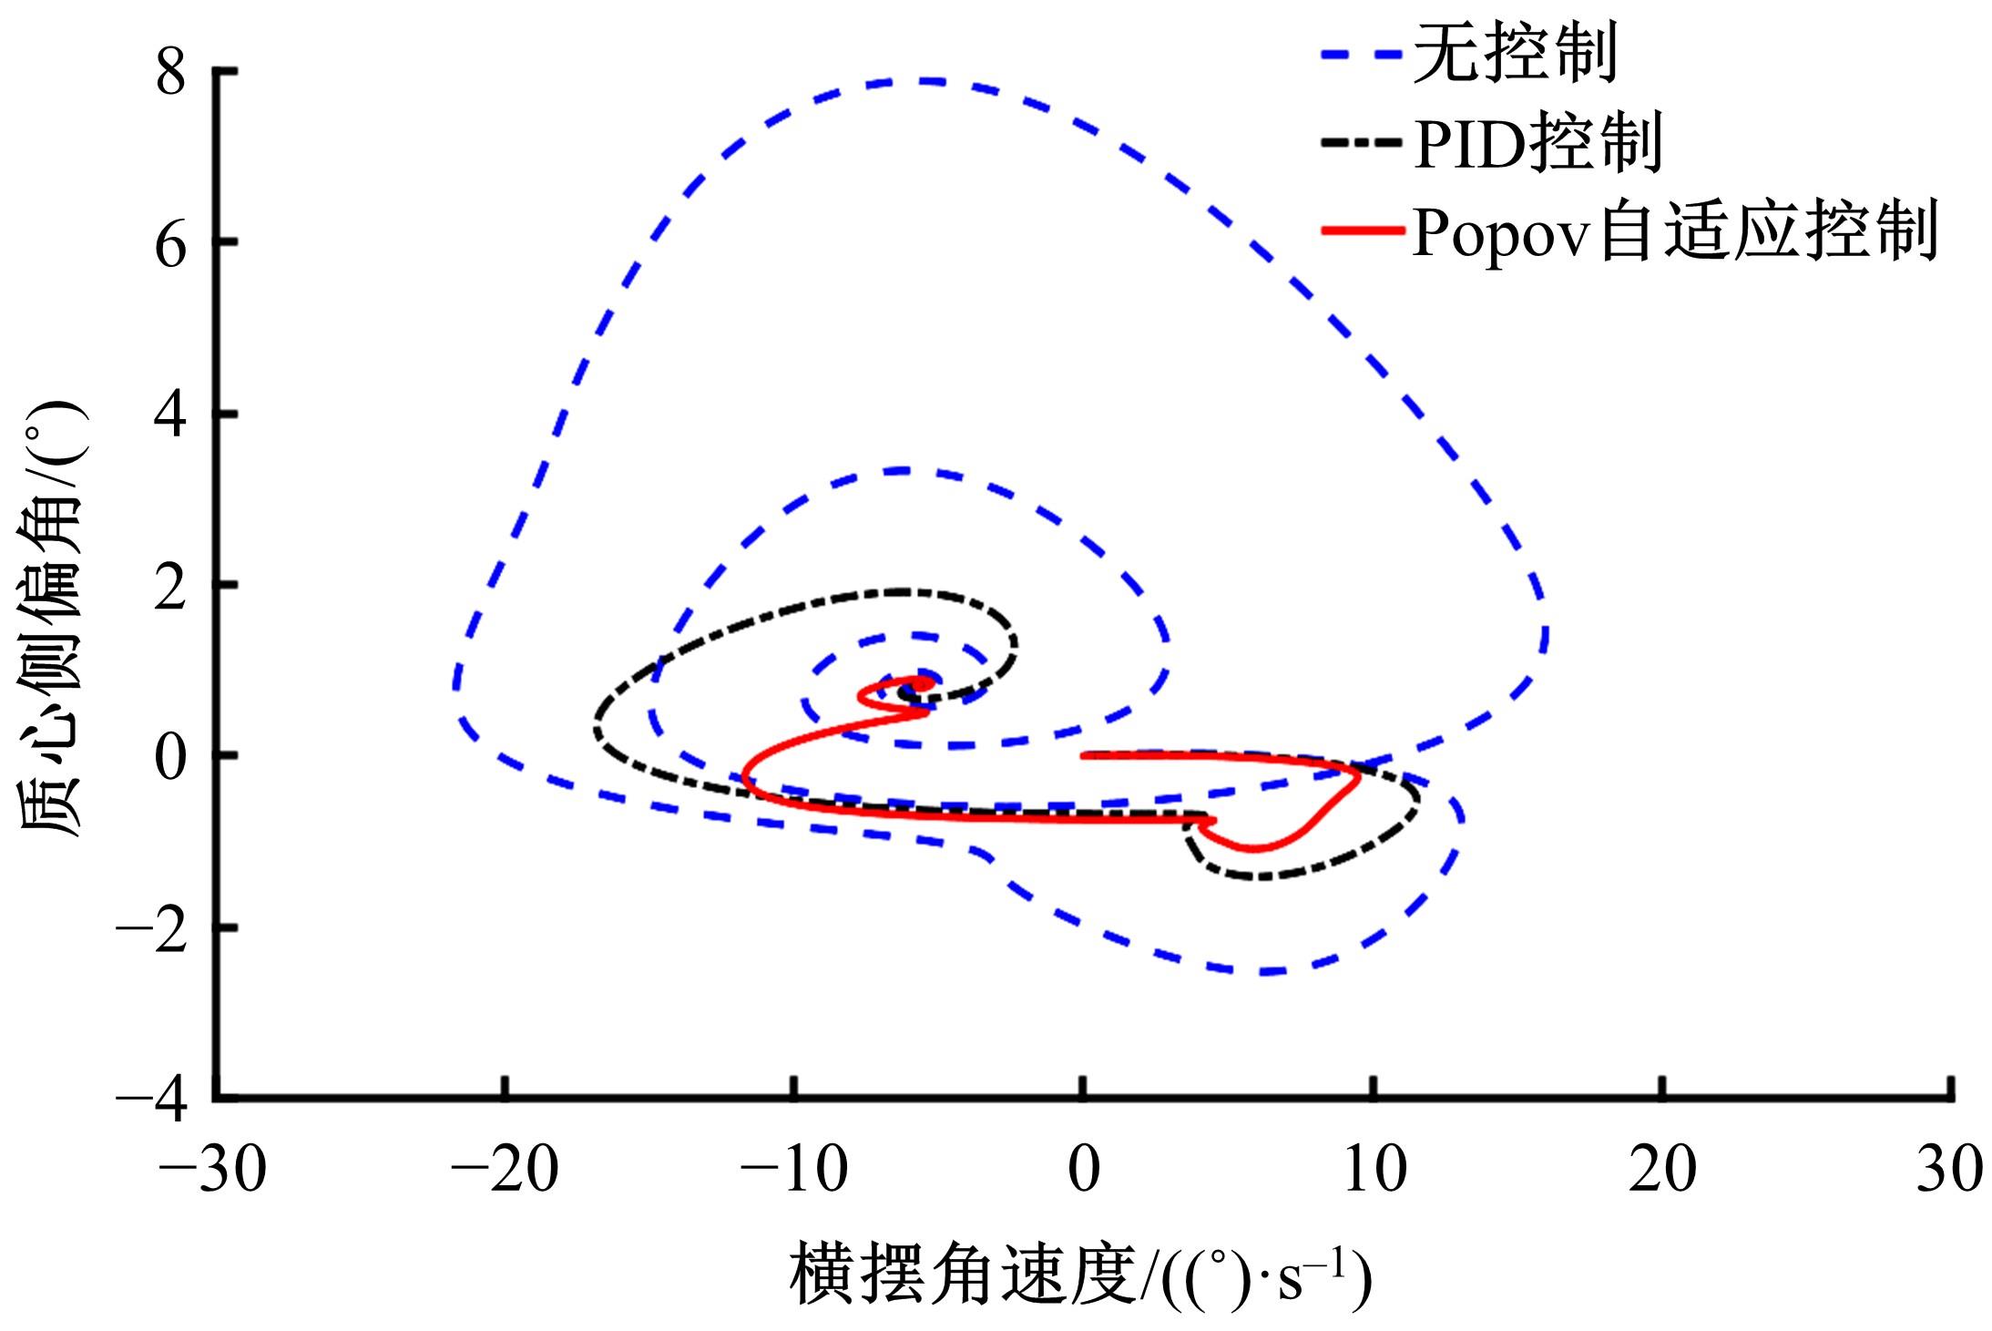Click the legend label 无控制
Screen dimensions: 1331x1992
[x=1515, y=54]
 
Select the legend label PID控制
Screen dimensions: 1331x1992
[x=1537, y=143]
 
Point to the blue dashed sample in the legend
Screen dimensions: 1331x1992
[x=1362, y=55]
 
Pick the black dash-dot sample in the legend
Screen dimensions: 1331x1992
[x=1362, y=143]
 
